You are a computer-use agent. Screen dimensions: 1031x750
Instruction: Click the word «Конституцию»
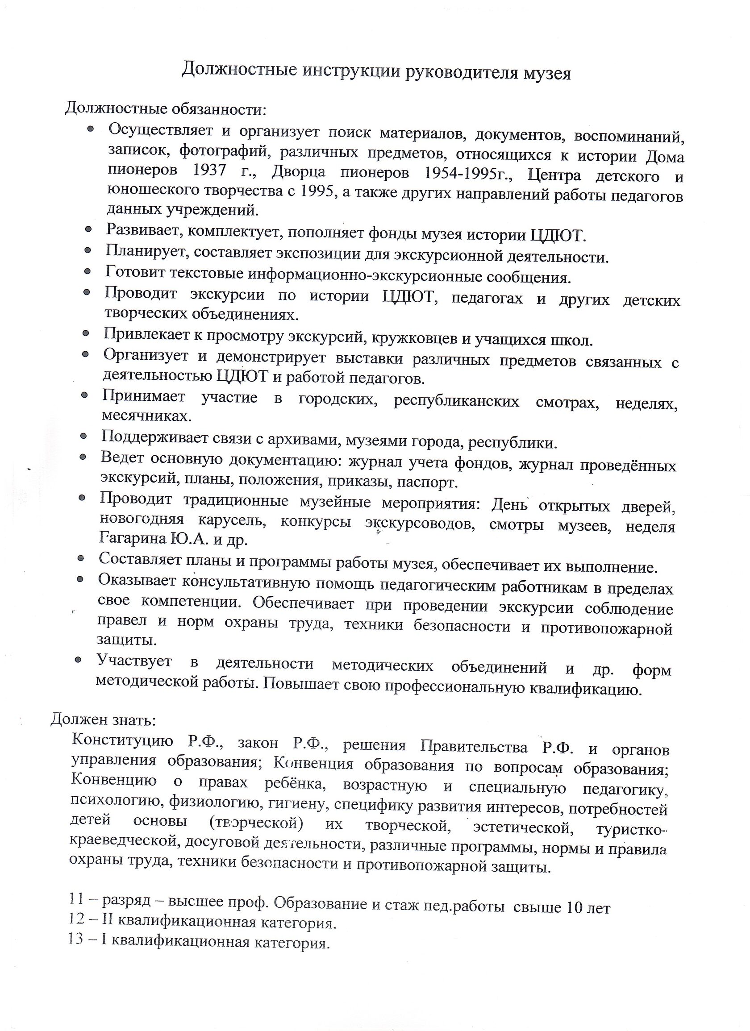[122, 740]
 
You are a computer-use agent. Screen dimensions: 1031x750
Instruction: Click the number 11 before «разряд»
[76, 899]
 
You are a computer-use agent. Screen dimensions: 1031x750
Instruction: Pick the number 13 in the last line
[75, 940]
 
